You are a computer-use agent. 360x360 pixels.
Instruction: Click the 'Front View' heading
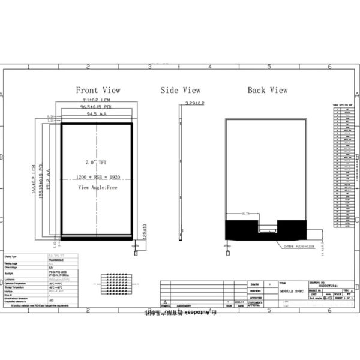(x=98, y=90)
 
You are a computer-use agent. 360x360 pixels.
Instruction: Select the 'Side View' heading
(x=180, y=90)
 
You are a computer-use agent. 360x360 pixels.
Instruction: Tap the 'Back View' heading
(x=268, y=90)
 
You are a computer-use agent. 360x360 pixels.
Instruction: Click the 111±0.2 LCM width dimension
(x=96, y=100)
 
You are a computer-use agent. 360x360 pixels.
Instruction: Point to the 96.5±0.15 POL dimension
(x=96, y=106)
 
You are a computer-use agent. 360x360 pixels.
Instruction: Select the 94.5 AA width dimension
(x=96, y=113)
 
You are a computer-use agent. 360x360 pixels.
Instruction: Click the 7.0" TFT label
(x=97, y=163)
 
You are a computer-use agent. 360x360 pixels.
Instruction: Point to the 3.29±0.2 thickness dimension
(x=193, y=103)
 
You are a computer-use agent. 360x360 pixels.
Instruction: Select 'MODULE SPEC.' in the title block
(x=289, y=290)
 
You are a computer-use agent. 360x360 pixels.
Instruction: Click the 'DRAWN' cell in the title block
(x=255, y=282)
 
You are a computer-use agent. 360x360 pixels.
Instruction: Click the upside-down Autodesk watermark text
(x=180, y=313)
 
